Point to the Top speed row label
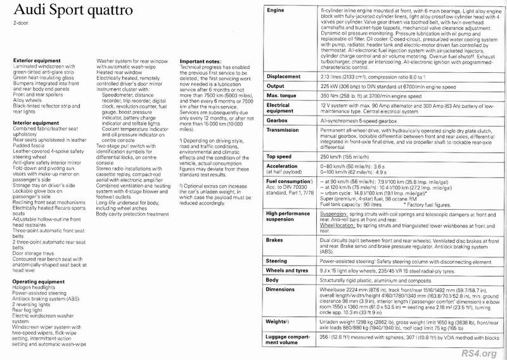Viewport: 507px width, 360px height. pyautogui.click(x=281, y=174)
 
